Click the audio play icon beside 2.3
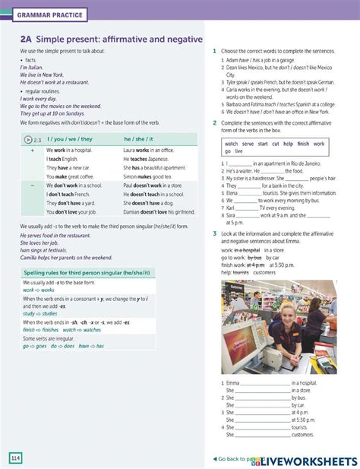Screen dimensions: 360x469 click(x=28, y=139)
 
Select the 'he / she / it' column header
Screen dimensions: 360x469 click(x=138, y=139)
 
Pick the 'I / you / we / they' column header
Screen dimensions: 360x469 click(x=70, y=139)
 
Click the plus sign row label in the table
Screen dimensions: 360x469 click(x=32, y=151)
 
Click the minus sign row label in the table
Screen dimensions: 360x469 click(x=32, y=185)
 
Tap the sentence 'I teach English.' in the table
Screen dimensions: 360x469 click(x=62, y=160)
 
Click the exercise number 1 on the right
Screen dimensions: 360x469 click(x=215, y=50)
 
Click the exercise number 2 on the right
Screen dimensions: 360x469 click(x=215, y=122)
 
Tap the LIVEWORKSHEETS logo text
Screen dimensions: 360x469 click(x=311, y=459)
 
